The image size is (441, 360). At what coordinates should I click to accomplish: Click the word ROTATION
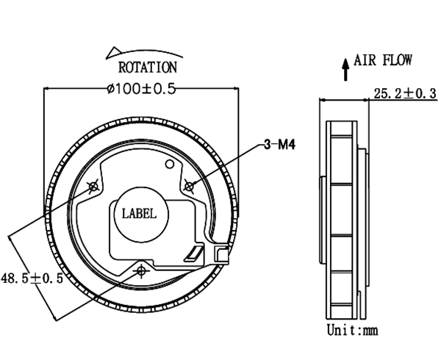(148, 68)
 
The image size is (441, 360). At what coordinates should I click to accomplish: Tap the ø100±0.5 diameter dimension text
(141, 89)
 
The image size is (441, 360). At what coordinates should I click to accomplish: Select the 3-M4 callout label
(280, 145)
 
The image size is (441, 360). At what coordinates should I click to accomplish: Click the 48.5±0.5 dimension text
(32, 278)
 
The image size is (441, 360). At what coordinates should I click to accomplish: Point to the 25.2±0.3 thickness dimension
(405, 93)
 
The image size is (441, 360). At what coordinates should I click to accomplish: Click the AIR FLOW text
(383, 60)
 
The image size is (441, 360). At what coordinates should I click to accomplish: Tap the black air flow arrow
(345, 69)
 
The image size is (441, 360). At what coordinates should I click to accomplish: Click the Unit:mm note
(352, 330)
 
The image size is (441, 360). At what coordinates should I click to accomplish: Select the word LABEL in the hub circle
(139, 214)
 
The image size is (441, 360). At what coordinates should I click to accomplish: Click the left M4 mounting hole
(93, 186)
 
